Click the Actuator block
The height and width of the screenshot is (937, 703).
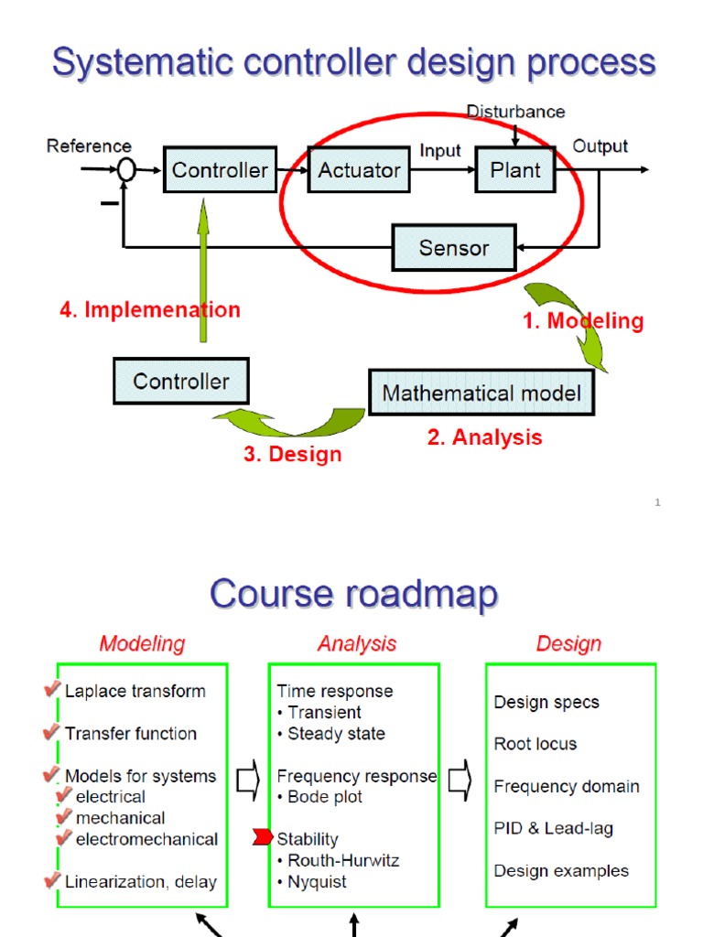pos(359,170)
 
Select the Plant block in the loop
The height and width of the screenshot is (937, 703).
pos(514,170)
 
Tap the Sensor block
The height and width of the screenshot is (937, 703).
pos(453,248)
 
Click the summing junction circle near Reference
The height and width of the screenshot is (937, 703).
pos(126,169)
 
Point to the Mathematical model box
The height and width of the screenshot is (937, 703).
pos(481,393)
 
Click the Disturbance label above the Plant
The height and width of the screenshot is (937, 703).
pos(515,112)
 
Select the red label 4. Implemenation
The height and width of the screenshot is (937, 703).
pos(150,310)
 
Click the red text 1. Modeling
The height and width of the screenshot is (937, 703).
pos(583,321)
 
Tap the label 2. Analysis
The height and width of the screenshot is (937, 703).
pos(484,438)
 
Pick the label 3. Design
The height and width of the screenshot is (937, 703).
pos(292,455)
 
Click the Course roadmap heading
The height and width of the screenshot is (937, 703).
pos(353,594)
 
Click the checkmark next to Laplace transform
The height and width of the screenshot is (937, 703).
pos(52,690)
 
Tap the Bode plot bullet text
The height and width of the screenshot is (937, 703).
pos(319,797)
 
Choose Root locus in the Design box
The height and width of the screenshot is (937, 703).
pos(535,744)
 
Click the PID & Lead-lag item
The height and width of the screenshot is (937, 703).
pos(553,828)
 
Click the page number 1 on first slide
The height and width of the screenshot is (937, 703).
pos(657,502)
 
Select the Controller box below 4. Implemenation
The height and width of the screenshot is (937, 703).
pos(180,381)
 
